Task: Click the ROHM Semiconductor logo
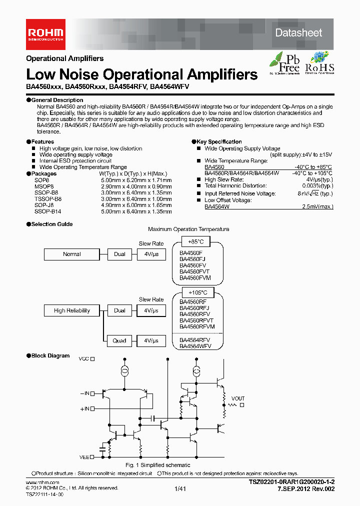tap(45, 33)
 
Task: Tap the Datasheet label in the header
tap(299, 33)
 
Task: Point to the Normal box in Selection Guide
tap(71, 254)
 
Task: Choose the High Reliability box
tap(71, 310)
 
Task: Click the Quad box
tap(119, 340)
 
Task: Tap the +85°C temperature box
tap(191, 241)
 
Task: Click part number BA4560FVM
tap(195, 277)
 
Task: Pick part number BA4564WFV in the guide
tap(195, 345)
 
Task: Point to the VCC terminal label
tap(83, 359)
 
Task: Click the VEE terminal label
tap(83, 456)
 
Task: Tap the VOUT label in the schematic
tap(238, 398)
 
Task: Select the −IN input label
tap(84, 394)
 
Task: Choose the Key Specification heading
tap(219, 142)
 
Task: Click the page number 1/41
tap(179, 489)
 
